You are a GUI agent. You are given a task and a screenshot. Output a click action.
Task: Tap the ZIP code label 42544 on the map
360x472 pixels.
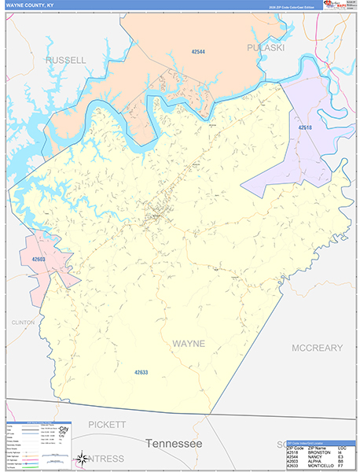click(198, 52)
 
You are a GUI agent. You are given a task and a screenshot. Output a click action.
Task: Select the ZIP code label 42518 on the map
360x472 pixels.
click(305, 127)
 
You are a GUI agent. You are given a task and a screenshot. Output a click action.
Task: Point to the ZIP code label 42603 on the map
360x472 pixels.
click(39, 258)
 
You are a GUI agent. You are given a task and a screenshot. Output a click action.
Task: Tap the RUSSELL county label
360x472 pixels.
click(66, 60)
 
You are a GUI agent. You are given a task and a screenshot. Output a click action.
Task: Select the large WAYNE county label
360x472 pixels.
click(188, 344)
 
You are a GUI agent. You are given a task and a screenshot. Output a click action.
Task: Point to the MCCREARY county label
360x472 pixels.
click(318, 348)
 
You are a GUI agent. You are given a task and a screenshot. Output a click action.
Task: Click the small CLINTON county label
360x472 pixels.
click(23, 323)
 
